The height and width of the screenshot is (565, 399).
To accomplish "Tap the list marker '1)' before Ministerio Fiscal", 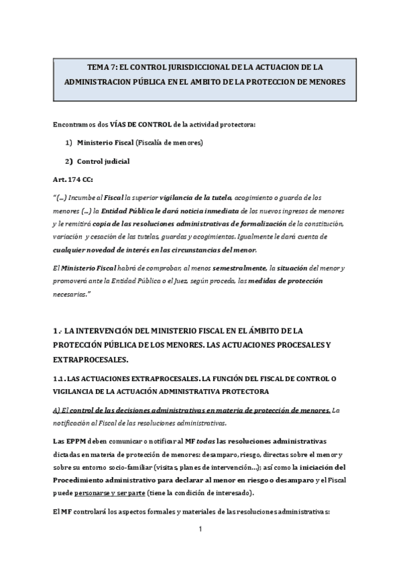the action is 69,143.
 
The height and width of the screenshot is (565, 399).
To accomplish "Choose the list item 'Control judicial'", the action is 103,161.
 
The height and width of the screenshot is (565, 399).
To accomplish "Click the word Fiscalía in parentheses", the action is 155,143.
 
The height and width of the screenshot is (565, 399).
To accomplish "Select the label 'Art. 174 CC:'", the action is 73,180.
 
